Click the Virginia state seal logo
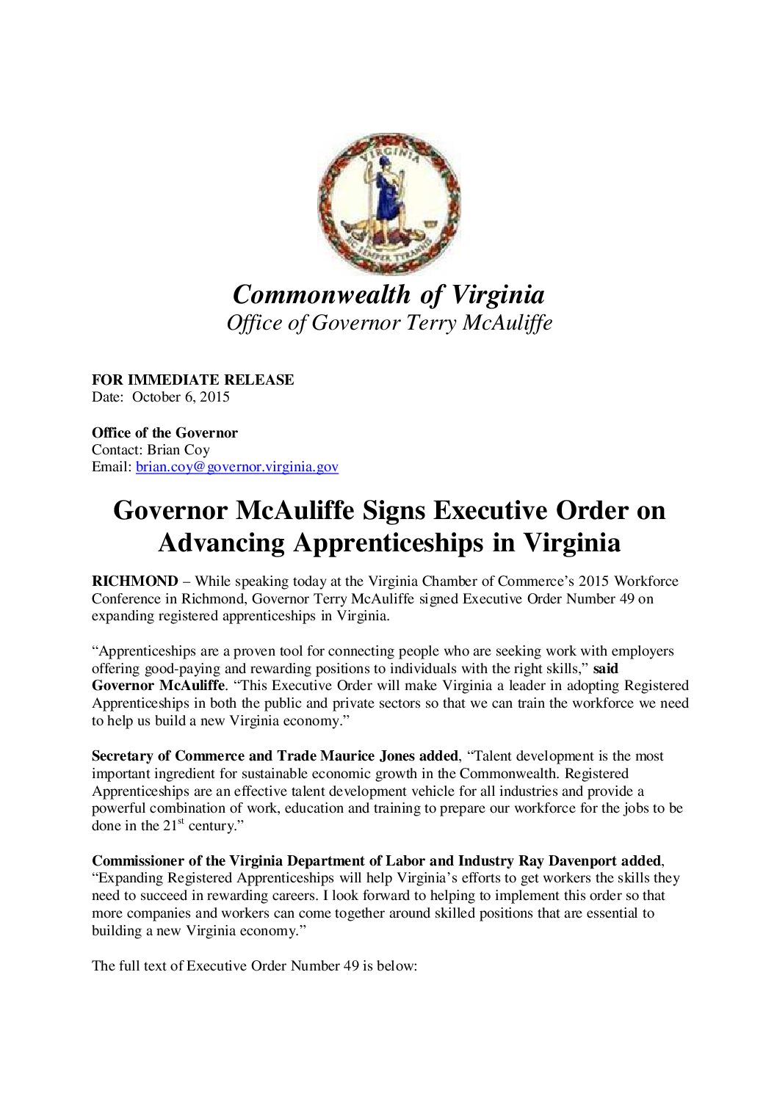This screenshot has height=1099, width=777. pos(388,204)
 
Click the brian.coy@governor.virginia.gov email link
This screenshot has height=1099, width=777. pos(236,467)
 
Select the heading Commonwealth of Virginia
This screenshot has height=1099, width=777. pos(388,294)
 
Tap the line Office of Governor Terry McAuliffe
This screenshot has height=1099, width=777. pos(388,323)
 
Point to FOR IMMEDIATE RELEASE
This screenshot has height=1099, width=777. pos(192,380)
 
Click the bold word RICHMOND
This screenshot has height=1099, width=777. pos(134,581)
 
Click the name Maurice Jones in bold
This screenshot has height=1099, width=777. pos(374,756)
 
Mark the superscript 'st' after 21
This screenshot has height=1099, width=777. pos(181,821)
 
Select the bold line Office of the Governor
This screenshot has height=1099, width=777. pos(165,432)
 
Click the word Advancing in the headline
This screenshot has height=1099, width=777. pos(221,543)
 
